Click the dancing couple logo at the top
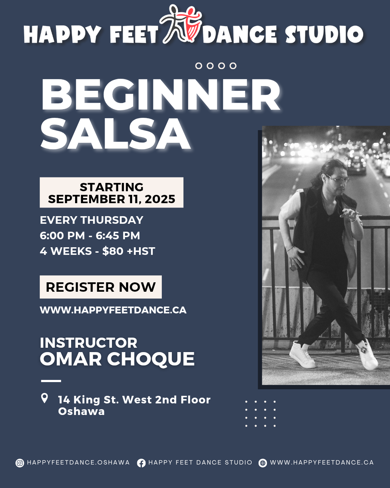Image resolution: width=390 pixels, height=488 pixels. pyautogui.click(x=181, y=24)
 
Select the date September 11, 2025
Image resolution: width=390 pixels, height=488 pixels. pyautogui.click(x=112, y=199)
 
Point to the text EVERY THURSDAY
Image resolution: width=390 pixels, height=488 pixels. pyautogui.click(x=92, y=220)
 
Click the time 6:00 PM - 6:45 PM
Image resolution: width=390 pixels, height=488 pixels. pyautogui.click(x=90, y=235)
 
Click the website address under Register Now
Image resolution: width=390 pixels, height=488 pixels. pyautogui.click(x=113, y=310)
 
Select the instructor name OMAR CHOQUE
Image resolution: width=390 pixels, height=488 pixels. pyautogui.click(x=117, y=359)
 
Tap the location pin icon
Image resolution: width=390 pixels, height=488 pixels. pyautogui.click(x=44, y=398)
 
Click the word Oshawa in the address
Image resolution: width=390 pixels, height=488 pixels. pyautogui.click(x=81, y=412)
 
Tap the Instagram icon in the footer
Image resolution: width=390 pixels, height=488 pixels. pyautogui.click(x=20, y=463)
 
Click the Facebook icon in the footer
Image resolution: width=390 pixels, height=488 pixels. pyautogui.click(x=141, y=463)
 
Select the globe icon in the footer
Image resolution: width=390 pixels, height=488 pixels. pyautogui.click(x=263, y=463)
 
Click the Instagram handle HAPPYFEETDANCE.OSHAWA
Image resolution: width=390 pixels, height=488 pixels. pyautogui.click(x=78, y=462)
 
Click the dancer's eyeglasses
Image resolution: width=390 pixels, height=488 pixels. pyautogui.click(x=338, y=179)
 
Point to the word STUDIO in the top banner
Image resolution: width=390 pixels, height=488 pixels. pyautogui.click(x=324, y=34)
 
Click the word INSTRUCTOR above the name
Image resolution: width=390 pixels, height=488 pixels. pyautogui.click(x=88, y=343)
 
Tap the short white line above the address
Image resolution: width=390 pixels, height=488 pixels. pyautogui.click(x=51, y=381)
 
